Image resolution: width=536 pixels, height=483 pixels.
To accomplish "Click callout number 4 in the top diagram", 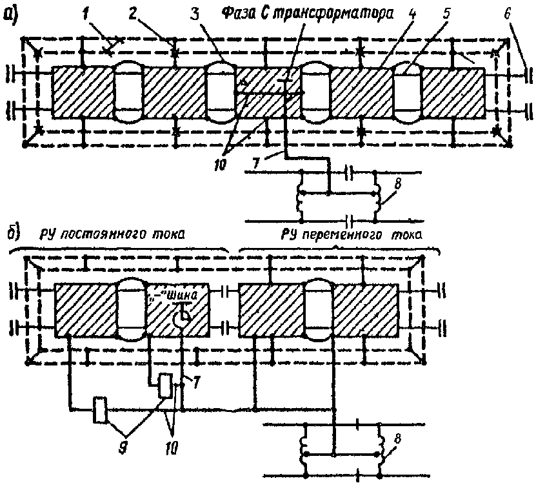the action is pos(413,14).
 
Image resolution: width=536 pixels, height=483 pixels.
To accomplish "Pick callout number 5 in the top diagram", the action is pos(446,14).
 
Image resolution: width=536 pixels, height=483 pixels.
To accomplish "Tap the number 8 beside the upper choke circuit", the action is pos(398,184).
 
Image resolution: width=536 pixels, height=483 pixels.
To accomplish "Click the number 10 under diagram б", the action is pos(172,447).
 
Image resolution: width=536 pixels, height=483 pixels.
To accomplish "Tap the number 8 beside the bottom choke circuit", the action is pos(398,439).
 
